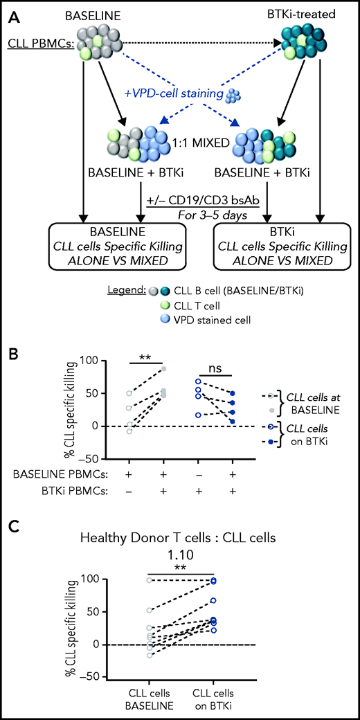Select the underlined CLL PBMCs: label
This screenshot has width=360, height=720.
41,43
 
